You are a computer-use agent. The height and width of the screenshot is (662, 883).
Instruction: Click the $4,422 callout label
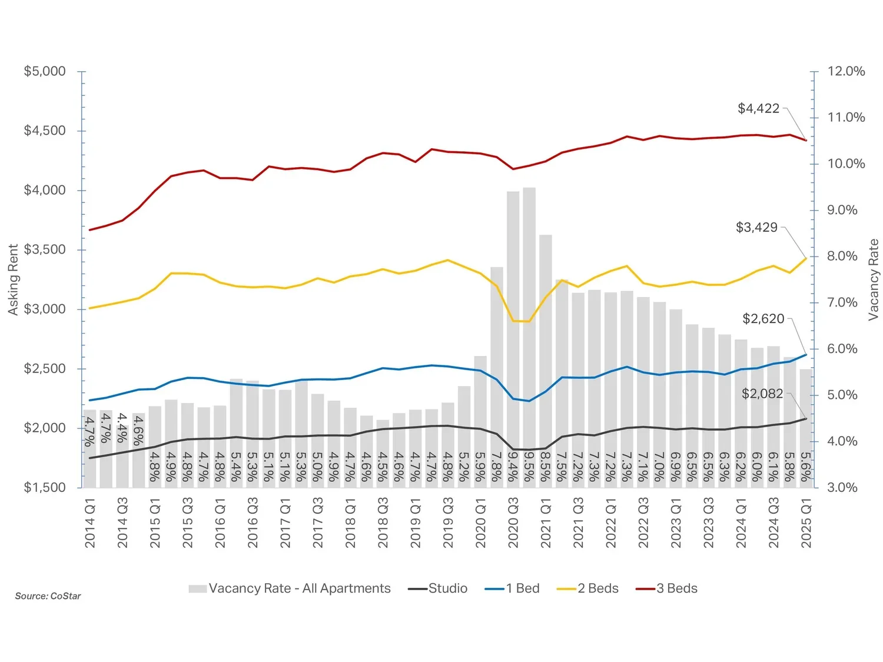coord(758,108)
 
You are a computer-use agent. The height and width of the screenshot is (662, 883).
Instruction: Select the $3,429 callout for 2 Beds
coord(756,227)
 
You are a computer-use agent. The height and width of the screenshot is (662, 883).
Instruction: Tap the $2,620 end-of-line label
coord(763,319)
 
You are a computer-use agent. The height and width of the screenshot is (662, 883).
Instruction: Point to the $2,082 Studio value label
coord(762,394)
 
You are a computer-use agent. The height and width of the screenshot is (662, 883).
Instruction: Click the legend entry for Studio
coord(438,588)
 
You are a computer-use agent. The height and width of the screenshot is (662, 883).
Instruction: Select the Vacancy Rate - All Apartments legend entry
coord(290,588)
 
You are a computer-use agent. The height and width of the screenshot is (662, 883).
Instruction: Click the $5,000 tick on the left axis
coord(45,71)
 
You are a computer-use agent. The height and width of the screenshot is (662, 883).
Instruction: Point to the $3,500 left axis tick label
coord(45,250)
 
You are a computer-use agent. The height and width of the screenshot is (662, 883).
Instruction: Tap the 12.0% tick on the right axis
coord(846,71)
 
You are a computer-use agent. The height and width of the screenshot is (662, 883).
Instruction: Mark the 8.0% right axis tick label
coord(842,257)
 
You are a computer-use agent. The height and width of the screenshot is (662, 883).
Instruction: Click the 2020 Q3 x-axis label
coord(513,523)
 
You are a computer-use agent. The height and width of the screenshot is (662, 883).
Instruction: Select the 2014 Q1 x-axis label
coord(90,523)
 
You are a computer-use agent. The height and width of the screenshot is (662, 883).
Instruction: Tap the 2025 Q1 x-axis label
coord(806,523)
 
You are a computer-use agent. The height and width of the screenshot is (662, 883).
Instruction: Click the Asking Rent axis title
coord(13,280)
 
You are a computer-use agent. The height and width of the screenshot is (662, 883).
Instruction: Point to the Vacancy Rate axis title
coord(873,280)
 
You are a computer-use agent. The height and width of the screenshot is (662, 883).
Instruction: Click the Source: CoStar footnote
coord(48,596)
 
